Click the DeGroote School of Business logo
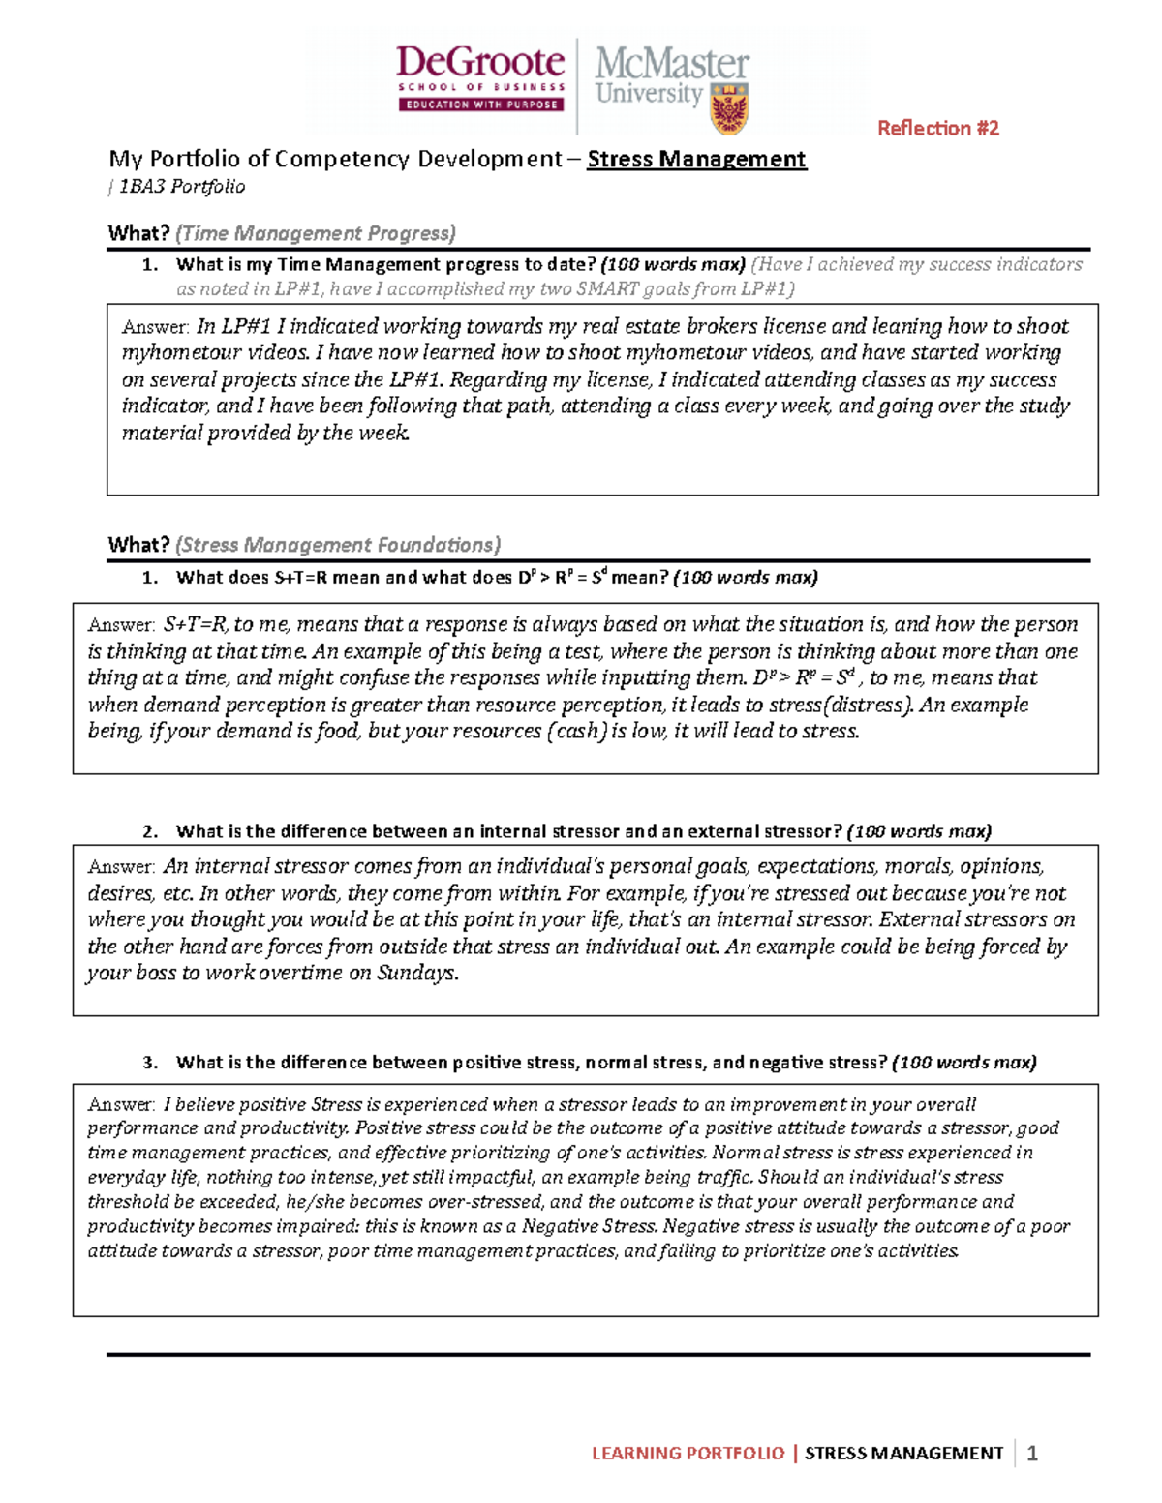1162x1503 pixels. [480, 77]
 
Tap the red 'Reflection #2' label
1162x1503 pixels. [937, 128]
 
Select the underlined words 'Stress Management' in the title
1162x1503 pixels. [696, 159]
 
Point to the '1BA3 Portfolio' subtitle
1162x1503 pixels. [181, 187]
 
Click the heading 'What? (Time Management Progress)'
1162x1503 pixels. [281, 233]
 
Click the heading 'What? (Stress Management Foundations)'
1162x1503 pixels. [304, 545]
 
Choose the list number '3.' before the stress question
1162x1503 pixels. [150, 1063]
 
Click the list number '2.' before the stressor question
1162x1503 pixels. [150, 831]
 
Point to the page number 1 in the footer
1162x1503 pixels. [1032, 1453]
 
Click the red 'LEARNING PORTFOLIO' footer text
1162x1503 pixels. [688, 1453]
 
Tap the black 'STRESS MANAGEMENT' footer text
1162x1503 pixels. [903, 1453]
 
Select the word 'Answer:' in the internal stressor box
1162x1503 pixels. [121, 867]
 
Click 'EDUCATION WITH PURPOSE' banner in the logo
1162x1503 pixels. [480, 105]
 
